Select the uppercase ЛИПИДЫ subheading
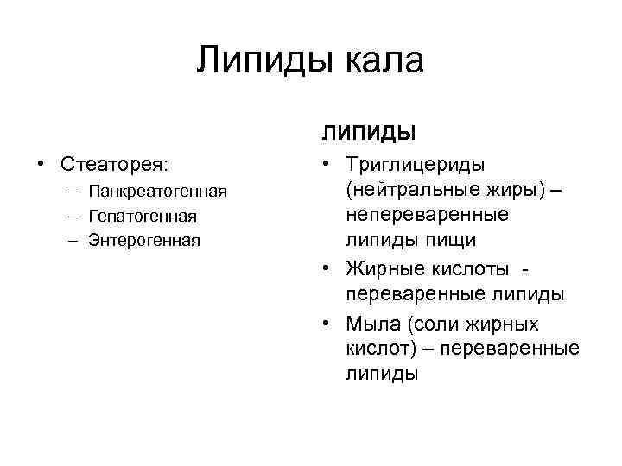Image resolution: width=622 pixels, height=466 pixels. coord(370,133)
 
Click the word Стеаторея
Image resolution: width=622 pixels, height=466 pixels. coord(115,164)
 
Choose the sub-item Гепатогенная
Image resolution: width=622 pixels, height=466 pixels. coord(143,216)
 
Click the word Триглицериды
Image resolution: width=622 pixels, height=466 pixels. coord(415,164)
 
